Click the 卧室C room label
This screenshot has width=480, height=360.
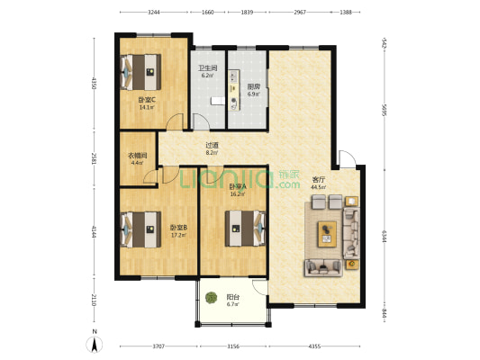146,99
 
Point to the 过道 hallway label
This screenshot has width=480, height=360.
212,145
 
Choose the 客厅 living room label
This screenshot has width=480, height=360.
318,178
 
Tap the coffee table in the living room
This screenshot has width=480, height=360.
326,234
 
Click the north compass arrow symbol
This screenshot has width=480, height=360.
93,343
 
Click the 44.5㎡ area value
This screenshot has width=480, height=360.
318,187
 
